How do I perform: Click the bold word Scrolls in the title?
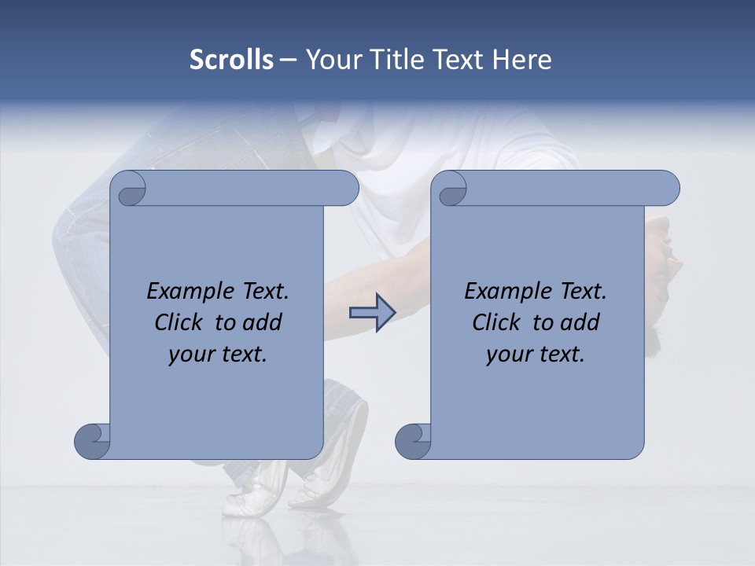pyautogui.click(x=231, y=60)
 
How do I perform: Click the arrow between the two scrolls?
pyautogui.click(x=372, y=313)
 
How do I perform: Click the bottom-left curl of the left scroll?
pyautogui.click(x=93, y=440)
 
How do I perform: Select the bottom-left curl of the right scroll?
pyautogui.click(x=414, y=440)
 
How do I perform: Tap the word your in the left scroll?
pyautogui.click(x=191, y=355)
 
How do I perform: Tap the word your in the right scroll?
pyautogui.click(x=509, y=355)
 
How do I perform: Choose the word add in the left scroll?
pyautogui.click(x=263, y=322)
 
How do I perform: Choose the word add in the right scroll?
pyautogui.click(x=581, y=322)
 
